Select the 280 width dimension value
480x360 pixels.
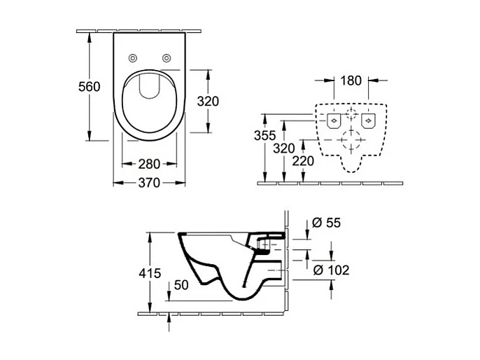148,164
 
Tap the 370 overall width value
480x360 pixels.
148,183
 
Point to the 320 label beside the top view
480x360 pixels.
207,101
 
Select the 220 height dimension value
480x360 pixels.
302,160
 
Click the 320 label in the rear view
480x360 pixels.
283,148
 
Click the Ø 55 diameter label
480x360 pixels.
323,223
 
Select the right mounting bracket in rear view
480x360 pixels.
369,121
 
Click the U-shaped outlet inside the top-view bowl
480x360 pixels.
149,85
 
